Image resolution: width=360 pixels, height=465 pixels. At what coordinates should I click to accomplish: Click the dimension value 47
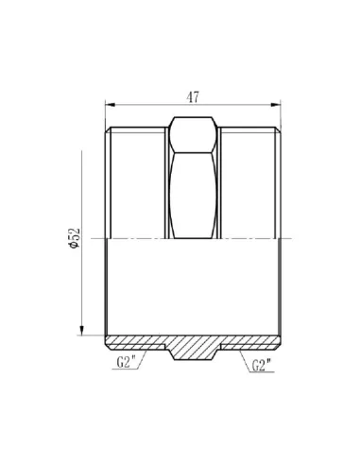coord(192,95)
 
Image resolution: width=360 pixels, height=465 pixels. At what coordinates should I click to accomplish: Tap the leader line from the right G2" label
coord(236,352)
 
